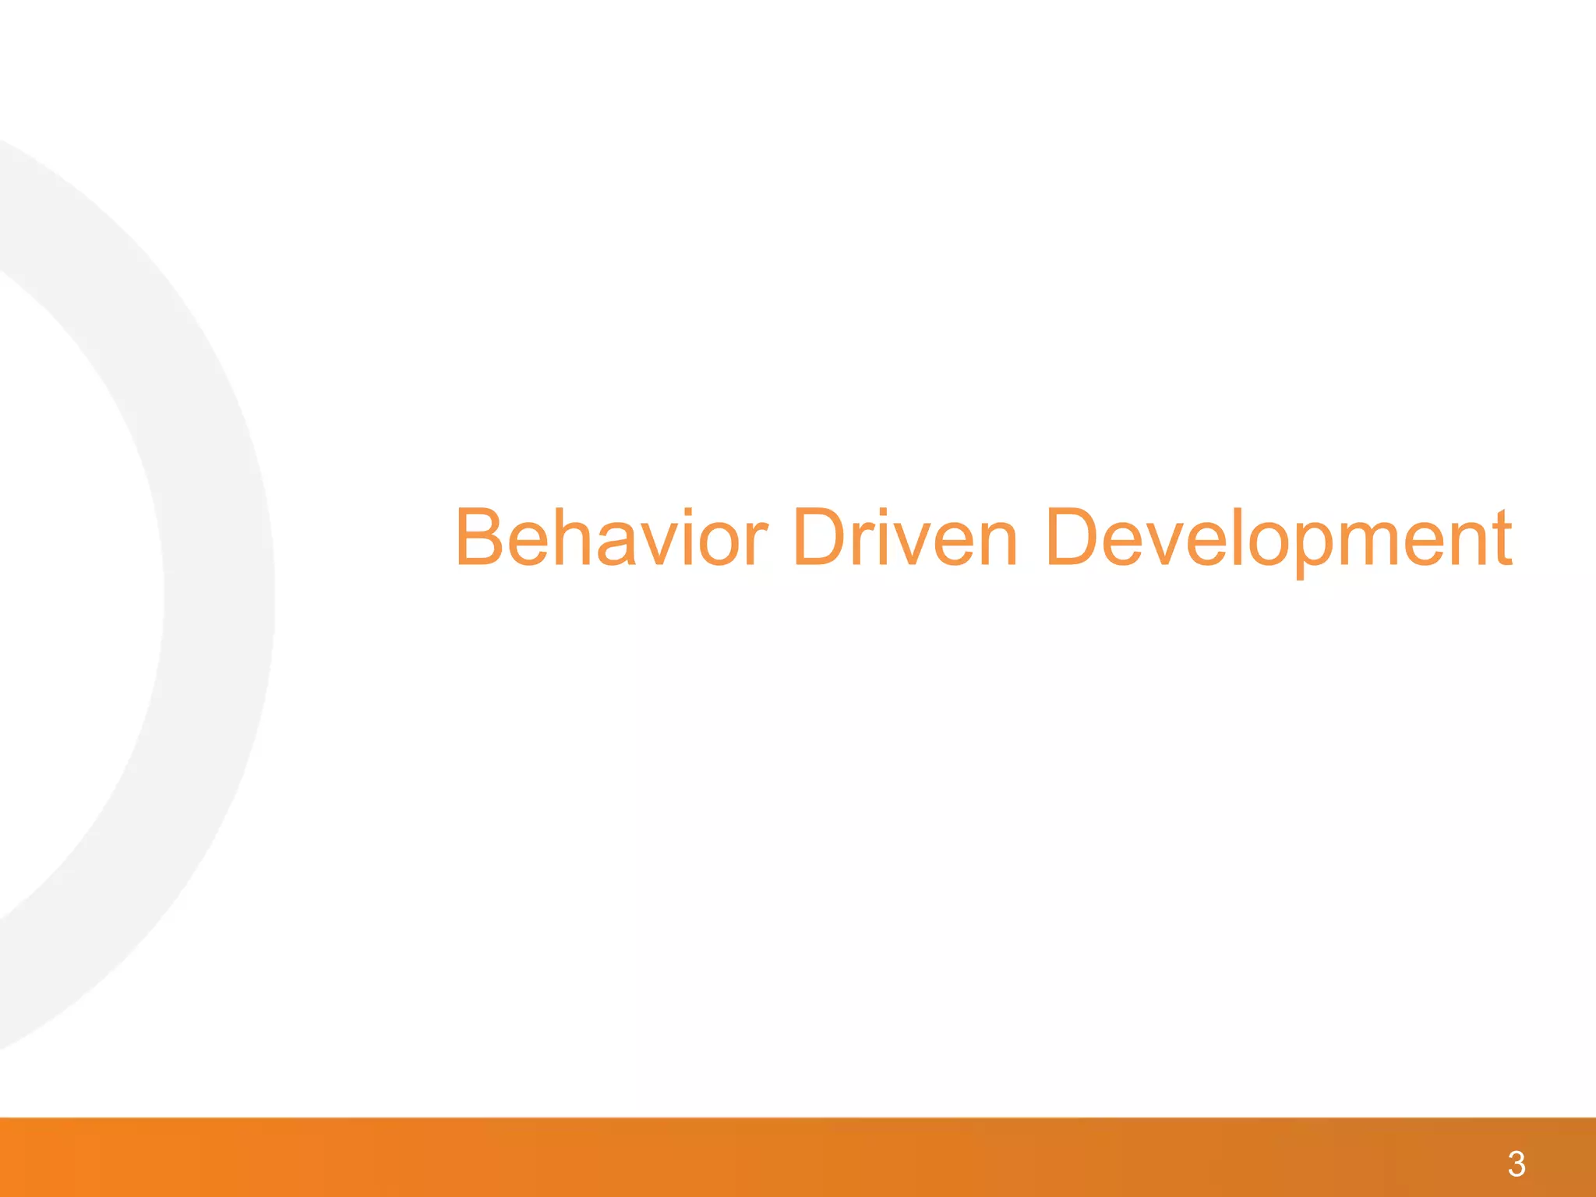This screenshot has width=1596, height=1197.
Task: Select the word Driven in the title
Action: [x=905, y=538]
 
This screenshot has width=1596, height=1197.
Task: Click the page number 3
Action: [x=1517, y=1164]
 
